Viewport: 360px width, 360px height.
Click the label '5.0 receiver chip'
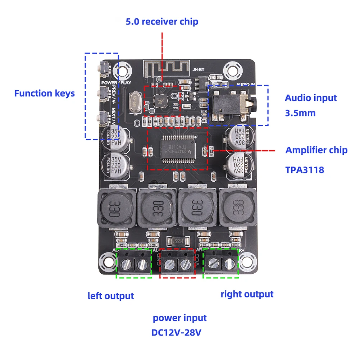[162, 22]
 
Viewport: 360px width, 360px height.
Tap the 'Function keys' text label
[45, 94]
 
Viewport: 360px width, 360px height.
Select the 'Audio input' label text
[311, 98]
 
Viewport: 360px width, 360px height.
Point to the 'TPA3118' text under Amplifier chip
[305, 169]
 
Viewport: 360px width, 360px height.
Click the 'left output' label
[111, 296]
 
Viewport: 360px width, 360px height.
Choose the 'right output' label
[247, 294]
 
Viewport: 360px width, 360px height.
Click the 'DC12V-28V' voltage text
[176, 333]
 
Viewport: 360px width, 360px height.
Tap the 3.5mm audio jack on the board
[230, 105]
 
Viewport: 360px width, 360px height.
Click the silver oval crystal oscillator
[134, 97]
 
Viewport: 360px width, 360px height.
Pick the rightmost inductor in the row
[237, 210]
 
